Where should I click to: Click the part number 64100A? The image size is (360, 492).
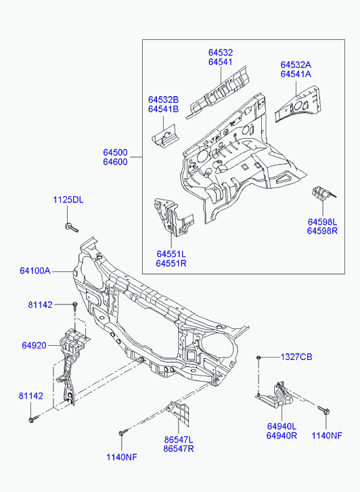click(x=35, y=271)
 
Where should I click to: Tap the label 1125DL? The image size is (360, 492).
click(x=68, y=200)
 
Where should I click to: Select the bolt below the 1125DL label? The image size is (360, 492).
click(x=72, y=227)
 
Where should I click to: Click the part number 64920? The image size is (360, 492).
click(x=34, y=345)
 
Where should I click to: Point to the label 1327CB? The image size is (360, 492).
click(x=296, y=357)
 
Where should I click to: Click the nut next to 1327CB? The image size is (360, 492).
click(x=258, y=357)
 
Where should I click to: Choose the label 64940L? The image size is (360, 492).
click(x=282, y=426)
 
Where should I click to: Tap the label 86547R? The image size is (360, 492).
click(x=179, y=449)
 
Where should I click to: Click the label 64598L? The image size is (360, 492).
click(x=322, y=222)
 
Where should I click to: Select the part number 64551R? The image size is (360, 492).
click(x=171, y=263)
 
